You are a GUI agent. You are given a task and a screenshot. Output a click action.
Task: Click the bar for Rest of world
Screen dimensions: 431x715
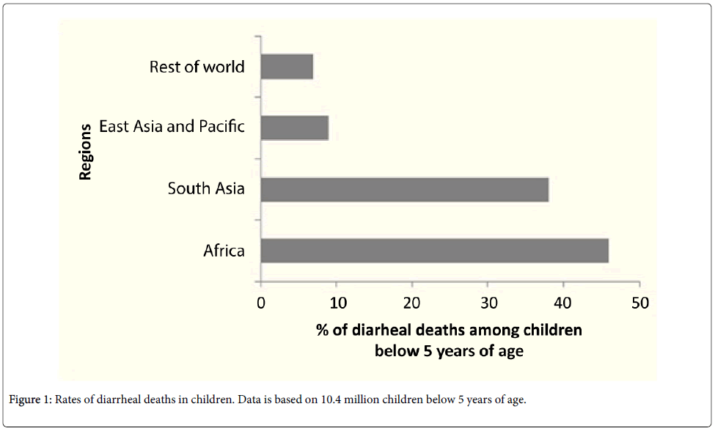[x=287, y=67]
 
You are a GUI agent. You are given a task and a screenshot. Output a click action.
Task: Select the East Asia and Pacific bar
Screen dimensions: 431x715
[x=294, y=128]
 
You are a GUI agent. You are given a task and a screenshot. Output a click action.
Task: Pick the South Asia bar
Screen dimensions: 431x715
[x=404, y=189]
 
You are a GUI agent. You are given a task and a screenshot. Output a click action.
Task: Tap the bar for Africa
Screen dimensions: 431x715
[x=434, y=251]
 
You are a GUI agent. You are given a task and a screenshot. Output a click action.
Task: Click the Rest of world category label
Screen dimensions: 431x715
[x=197, y=67]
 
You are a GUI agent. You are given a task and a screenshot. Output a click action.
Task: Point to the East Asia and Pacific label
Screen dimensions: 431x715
[x=172, y=126]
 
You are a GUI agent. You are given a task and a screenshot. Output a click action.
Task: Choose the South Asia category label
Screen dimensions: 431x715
[x=205, y=188]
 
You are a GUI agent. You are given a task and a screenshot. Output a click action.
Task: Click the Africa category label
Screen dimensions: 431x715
[x=224, y=251]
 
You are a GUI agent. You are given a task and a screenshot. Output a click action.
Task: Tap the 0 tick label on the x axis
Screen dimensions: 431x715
[x=261, y=302]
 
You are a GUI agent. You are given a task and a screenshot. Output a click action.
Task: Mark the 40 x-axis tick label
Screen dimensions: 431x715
[x=563, y=302]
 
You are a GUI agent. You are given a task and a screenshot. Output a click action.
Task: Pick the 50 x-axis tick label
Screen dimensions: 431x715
[x=639, y=302]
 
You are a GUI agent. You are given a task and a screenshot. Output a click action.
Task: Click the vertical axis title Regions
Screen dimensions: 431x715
[x=86, y=152]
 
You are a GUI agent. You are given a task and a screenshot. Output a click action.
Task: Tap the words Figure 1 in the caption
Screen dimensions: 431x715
[x=27, y=400]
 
